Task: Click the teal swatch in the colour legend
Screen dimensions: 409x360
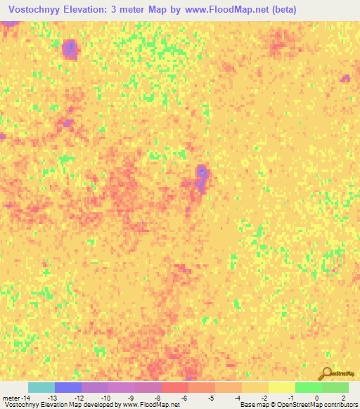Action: (x=41, y=387)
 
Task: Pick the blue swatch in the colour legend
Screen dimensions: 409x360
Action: (x=68, y=387)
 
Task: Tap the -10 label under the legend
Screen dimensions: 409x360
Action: (x=105, y=398)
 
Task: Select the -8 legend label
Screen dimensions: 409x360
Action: (x=158, y=398)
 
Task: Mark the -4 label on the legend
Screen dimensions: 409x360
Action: (x=238, y=398)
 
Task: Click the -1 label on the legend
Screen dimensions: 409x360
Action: (x=291, y=398)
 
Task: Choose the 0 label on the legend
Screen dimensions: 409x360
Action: (x=318, y=398)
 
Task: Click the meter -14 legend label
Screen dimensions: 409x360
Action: (x=16, y=398)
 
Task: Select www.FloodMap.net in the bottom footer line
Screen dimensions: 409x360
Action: (x=150, y=405)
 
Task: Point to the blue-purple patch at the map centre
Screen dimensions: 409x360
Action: (x=202, y=176)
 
